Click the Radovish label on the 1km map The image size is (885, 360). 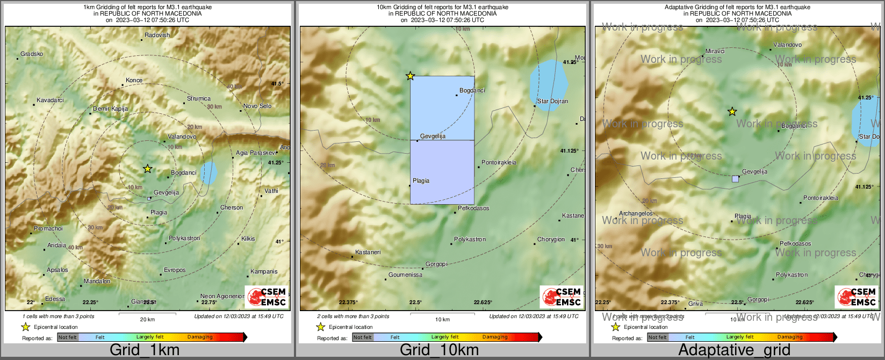(157, 35)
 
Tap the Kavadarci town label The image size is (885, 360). (50, 100)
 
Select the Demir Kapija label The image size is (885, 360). (110, 109)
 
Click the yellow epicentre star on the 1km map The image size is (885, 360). (148, 169)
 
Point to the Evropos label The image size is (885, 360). (175, 270)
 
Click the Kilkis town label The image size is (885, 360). (248, 239)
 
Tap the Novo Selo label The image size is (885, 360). (257, 106)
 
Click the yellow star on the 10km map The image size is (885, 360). (410, 76)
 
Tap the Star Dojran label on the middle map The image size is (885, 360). (552, 101)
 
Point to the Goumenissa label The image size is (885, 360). (405, 275)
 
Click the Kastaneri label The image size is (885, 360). (368, 253)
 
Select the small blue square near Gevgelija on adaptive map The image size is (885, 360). (735, 178)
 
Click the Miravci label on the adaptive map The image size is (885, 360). (715, 51)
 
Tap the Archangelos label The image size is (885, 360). (636, 213)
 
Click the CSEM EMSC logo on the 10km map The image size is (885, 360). (562, 297)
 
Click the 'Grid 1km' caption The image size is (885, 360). (145, 350)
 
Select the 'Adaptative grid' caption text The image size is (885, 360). (734, 350)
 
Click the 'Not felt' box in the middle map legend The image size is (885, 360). (363, 337)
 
